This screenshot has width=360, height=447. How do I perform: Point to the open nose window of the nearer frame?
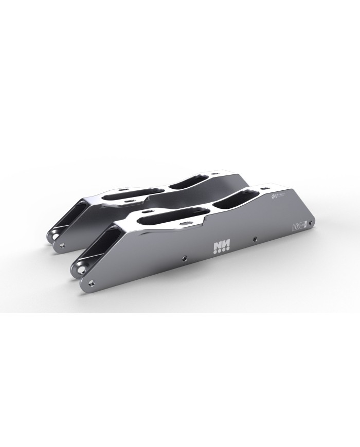(x=98, y=247)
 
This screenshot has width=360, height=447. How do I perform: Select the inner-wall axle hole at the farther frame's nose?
(x=52, y=237)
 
